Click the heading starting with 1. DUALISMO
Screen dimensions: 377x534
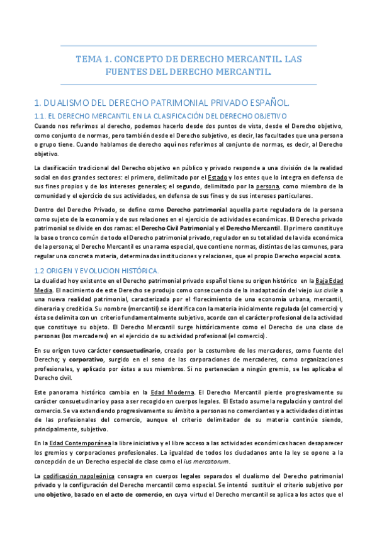pos(161,102)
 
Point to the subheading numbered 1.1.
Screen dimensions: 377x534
pos(152,116)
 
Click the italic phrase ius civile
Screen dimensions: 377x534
pos(326,289)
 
